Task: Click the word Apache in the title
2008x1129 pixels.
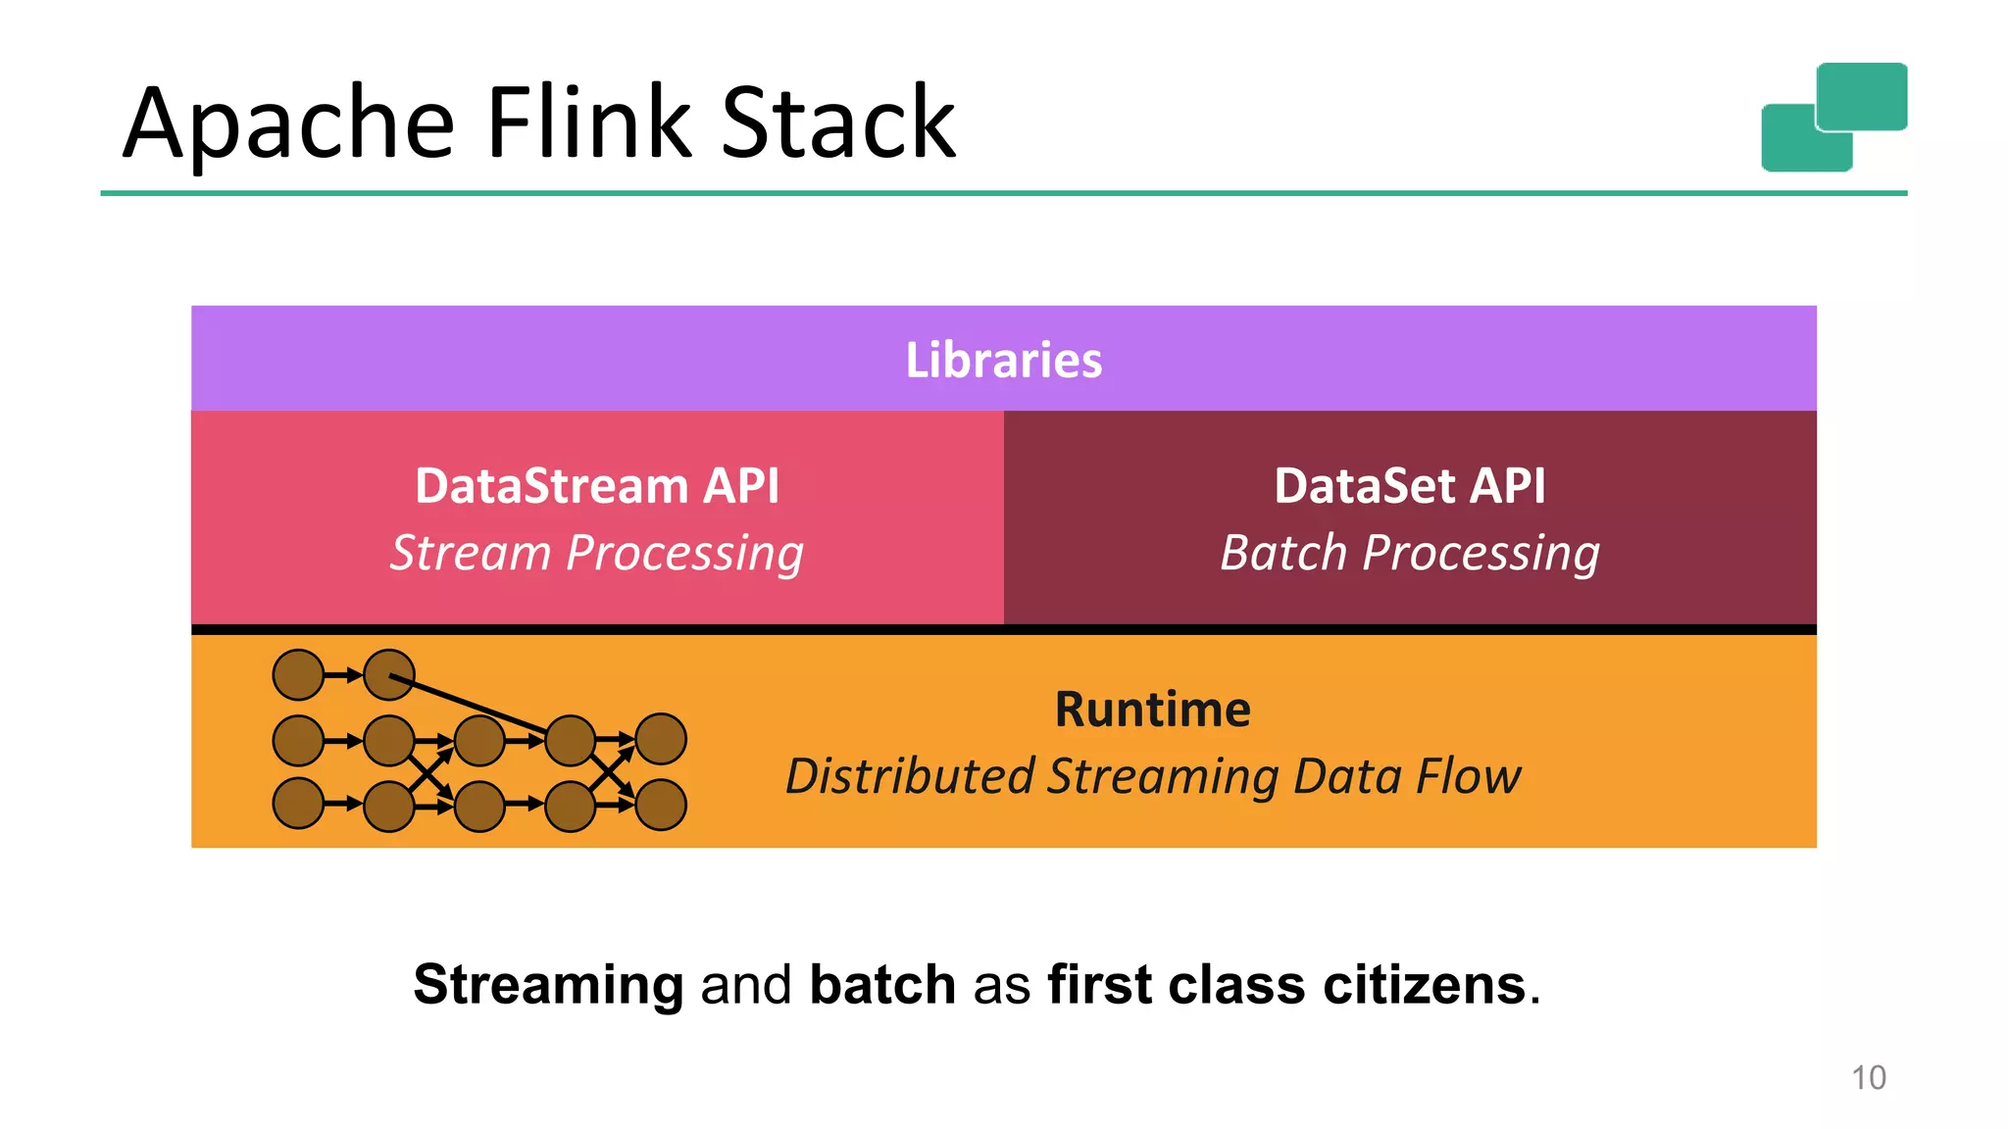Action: point(289,124)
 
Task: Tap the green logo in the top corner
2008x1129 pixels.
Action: point(1833,117)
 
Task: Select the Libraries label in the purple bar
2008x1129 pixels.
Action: point(1003,360)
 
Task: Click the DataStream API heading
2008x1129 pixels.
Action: point(596,486)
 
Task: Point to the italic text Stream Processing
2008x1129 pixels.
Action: point(596,554)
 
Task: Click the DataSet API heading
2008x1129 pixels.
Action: point(1409,486)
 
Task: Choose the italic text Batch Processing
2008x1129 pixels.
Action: point(1409,554)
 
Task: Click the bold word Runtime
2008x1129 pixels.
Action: point(1152,709)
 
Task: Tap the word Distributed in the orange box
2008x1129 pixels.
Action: point(910,776)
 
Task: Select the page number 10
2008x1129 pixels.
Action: point(1868,1078)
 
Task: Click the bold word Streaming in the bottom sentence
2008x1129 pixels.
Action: point(548,984)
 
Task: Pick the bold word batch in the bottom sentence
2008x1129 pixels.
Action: point(882,984)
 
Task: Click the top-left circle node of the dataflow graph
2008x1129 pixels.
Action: point(298,675)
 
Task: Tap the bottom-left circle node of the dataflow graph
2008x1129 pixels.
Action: point(298,804)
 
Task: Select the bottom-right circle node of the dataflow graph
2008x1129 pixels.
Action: point(661,805)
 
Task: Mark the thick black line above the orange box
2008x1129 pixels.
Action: point(1003,629)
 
